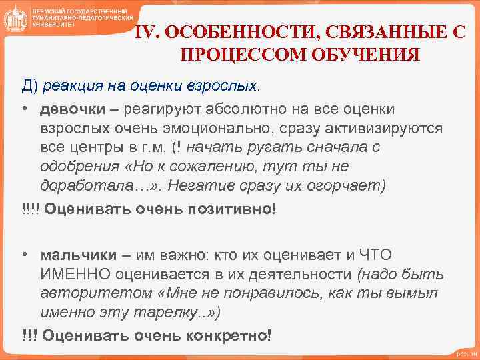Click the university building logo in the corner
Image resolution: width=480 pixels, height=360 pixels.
click(15, 20)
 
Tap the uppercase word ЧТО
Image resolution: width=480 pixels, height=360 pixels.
click(377, 255)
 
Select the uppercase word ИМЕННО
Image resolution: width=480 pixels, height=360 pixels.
click(74, 274)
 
